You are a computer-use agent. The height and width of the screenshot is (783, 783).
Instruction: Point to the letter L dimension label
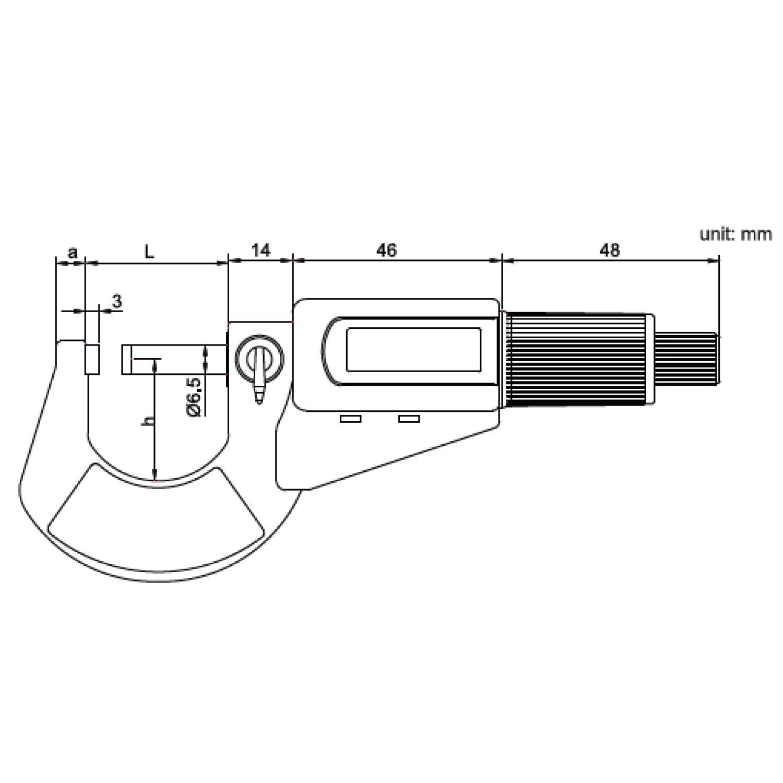tap(150, 252)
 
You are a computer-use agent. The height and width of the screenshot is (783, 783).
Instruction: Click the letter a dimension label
tap(73, 253)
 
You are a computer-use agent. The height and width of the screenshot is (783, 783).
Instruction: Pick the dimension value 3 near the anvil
tap(117, 301)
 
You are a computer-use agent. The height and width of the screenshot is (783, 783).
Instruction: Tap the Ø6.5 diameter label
tap(193, 397)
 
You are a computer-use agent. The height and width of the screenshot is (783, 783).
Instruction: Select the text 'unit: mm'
tap(735, 234)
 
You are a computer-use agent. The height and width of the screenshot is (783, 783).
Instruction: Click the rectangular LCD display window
tap(413, 350)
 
